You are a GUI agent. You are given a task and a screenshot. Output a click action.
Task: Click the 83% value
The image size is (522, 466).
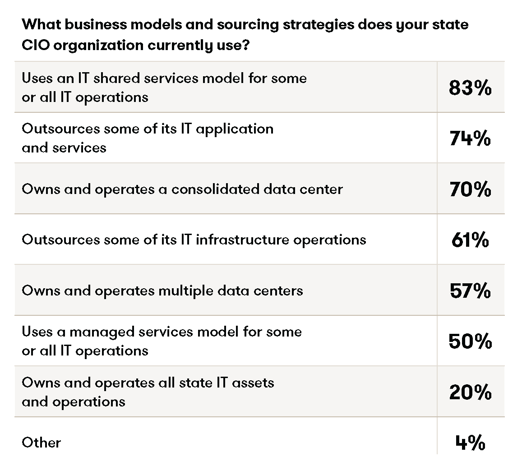[470, 88]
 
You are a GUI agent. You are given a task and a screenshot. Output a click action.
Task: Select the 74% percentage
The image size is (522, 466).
[470, 138]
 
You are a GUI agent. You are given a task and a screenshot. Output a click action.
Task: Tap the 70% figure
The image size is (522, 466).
[470, 189]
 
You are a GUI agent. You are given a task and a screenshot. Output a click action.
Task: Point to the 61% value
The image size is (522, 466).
[470, 240]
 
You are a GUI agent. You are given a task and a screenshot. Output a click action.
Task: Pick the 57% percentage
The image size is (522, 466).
[470, 291]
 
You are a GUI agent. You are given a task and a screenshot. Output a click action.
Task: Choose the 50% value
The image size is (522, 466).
[470, 341]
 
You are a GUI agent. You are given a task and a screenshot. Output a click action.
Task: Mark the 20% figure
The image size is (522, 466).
[470, 392]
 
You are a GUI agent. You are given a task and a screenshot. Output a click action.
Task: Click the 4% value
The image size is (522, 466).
[470, 443]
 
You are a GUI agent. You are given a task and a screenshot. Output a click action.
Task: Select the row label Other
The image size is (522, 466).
[41, 443]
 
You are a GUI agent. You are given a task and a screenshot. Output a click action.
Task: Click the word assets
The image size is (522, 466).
[252, 383]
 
